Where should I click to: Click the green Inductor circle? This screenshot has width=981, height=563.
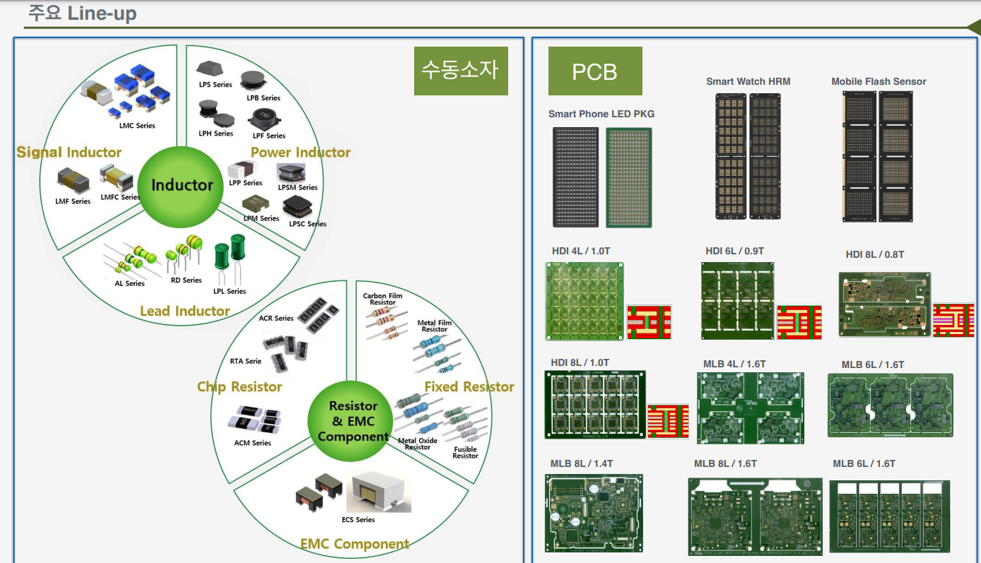click(182, 186)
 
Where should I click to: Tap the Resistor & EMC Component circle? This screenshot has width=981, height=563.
click(353, 421)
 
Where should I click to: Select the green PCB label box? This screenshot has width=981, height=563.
click(595, 71)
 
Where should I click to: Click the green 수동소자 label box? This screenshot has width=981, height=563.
click(460, 70)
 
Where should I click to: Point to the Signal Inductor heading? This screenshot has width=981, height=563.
click(69, 153)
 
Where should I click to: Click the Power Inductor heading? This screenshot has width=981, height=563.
click(300, 153)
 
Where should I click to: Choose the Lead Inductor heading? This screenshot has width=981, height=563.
click(184, 311)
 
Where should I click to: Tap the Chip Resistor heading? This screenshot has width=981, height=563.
click(240, 387)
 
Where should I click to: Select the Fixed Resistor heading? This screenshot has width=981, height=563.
click(469, 386)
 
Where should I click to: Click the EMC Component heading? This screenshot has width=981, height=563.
click(355, 544)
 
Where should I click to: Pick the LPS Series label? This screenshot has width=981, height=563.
click(216, 85)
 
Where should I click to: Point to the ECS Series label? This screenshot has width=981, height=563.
click(358, 520)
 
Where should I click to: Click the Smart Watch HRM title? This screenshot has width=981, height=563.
click(748, 82)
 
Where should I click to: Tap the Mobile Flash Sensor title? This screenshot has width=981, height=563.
click(879, 82)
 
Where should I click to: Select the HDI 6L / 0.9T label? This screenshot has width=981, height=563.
click(734, 251)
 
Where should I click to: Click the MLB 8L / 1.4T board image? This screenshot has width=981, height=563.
click(594, 513)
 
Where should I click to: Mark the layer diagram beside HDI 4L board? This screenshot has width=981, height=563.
click(649, 322)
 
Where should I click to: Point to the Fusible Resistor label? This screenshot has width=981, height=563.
click(465, 453)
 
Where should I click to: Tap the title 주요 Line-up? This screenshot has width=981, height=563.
click(82, 13)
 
